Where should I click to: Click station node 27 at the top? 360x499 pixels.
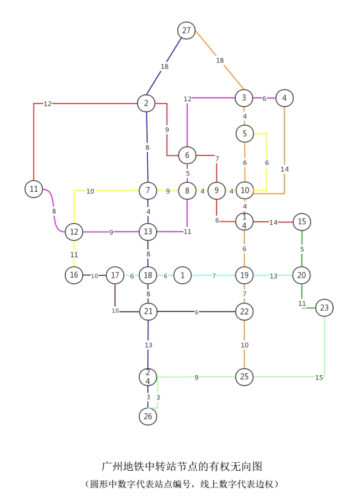coord(186,30)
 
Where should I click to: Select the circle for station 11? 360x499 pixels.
coord(34,189)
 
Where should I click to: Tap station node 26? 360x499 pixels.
coord(148,416)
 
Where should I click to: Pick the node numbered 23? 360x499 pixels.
coord(324,307)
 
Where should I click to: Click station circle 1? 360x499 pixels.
coord(182,275)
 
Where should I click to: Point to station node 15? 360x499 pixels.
coord(302,221)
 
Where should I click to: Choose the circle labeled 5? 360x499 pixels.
coord(245,134)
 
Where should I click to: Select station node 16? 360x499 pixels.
coord(74,275)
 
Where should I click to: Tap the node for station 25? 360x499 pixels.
coord(244,377)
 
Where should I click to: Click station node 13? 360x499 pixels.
coord(148,231)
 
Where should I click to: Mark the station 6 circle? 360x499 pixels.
coord(187,155)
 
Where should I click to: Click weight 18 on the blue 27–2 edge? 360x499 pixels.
coord(164,66)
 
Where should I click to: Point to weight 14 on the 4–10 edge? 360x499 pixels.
coord(285,169)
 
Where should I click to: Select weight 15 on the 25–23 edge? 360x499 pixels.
coord(319,378)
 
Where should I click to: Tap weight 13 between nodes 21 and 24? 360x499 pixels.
coord(148,345)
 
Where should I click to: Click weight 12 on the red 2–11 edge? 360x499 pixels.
coord(47,104)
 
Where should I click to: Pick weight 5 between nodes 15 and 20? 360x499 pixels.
coord(302,249)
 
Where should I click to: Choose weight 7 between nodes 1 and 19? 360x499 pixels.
coord(214,276)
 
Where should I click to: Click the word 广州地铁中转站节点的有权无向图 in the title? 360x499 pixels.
coord(182,467)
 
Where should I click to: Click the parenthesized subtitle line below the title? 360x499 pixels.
coord(182,484)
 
